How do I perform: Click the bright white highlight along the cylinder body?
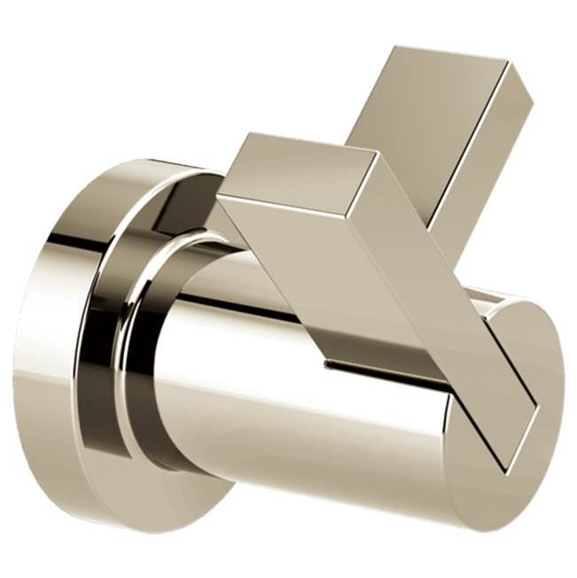(x=266, y=293)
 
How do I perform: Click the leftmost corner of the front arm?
(x=217, y=197)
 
